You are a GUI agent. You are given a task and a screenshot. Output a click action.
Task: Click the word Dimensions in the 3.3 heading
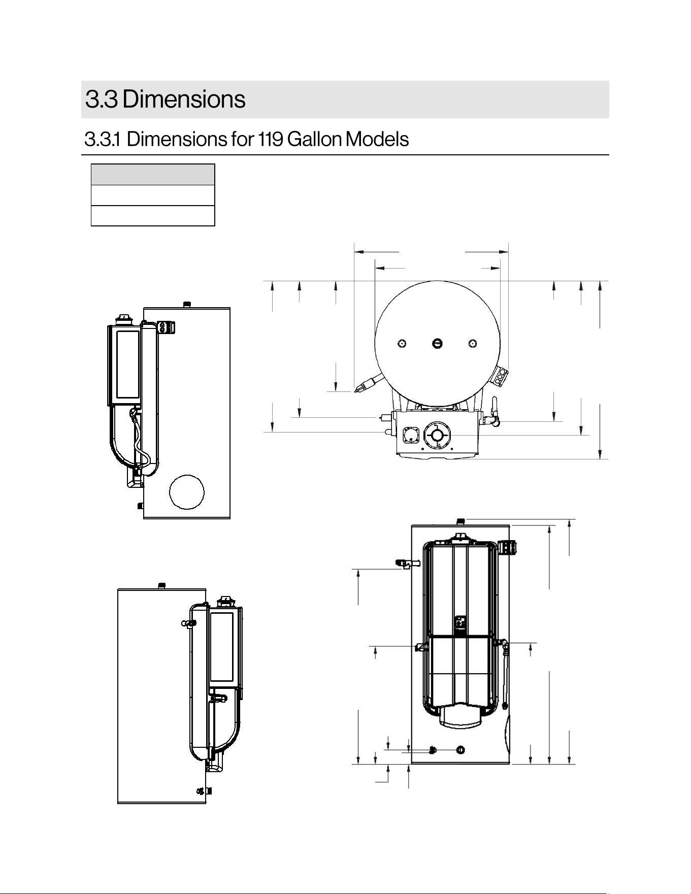184,99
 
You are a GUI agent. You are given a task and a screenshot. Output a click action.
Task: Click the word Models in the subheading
377,139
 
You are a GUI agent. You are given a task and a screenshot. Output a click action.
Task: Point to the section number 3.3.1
102,139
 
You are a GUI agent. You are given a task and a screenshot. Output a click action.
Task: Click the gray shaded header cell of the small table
153,175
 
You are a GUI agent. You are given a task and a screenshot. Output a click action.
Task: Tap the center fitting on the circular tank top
437,344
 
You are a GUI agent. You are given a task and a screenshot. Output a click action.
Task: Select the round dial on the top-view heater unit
437,436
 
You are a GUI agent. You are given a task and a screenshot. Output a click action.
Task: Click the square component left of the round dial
411,435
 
